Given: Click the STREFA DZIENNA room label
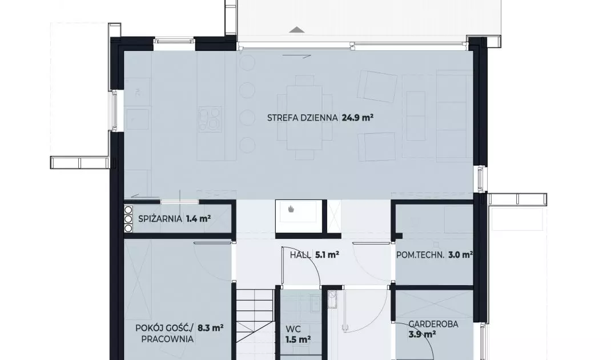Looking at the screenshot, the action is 303,118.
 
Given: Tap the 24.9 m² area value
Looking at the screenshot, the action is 357,117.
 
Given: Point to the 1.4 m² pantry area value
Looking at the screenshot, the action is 198,218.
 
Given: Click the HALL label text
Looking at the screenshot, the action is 300,255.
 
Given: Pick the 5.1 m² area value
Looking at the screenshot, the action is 327,255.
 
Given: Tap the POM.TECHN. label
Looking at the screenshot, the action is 420,255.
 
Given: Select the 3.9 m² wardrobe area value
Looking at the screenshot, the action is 422,334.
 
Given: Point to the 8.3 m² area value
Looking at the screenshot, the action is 210,328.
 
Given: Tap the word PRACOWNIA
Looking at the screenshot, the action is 167,339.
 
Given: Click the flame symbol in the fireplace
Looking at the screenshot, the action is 291,209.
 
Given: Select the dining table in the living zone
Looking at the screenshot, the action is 305,117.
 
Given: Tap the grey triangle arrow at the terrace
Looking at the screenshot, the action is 297,30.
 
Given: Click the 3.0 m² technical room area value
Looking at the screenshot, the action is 461,255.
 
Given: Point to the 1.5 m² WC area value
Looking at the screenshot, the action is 298,340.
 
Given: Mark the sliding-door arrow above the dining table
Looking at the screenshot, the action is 297,56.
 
